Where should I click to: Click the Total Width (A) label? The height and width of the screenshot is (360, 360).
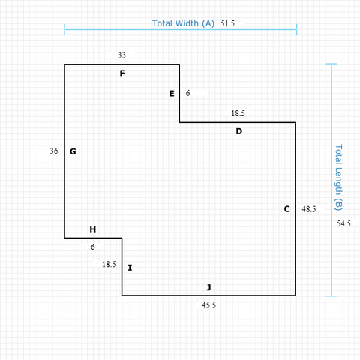pos(183,23)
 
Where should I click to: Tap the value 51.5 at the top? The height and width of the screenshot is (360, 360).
pos(227,23)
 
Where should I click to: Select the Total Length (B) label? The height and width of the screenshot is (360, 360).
pos(338,178)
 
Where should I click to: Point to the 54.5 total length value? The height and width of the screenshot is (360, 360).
pos(343,223)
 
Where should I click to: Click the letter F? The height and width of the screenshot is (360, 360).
pos(122,73)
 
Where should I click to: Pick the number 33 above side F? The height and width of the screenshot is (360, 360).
pos(121,55)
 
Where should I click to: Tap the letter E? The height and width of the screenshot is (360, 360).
pos(172,94)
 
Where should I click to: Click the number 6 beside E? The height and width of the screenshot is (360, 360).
pos(187,93)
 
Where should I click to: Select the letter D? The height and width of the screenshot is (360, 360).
pos(239,131)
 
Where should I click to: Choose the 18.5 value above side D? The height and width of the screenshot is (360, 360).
pos(238,113)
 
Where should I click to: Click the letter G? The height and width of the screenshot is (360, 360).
pos(73,151)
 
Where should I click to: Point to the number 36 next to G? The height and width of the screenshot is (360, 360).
pos(54,151)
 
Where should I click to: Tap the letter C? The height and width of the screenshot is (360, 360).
pos(287,209)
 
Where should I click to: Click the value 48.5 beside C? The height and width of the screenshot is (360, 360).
pos(309,209)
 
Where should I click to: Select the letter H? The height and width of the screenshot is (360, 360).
pos(93,229)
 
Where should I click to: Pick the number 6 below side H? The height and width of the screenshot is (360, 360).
pos(93,247)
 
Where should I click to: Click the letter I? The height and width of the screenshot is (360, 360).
pos(130,268)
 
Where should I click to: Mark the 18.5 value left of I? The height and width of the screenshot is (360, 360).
pos(109,264)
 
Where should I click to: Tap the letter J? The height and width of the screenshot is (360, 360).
pos(209,287)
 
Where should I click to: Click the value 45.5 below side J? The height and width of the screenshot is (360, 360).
pos(208,305)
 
